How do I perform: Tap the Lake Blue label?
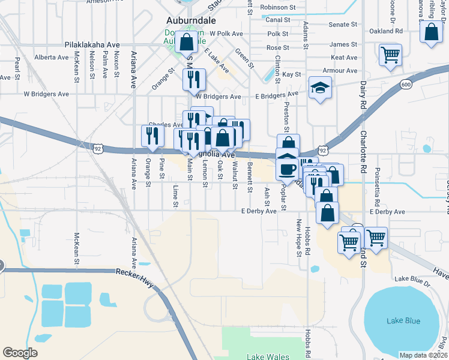point(403,320)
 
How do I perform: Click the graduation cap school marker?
point(320,89)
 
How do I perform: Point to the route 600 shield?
point(406,85)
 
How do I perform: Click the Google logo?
point(20,353)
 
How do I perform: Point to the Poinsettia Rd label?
point(394,179)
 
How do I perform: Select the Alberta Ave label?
point(52,58)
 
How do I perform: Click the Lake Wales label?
point(267,356)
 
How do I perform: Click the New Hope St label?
point(298,238)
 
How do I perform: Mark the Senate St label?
point(343,25)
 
